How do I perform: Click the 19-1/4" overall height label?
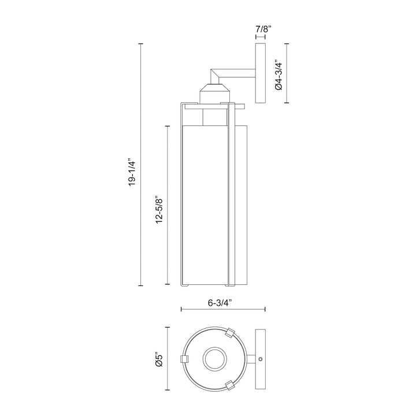pyautogui.click(x=132, y=172)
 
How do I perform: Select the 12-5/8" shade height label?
pyautogui.click(x=159, y=209)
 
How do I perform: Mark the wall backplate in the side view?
pyautogui.click(x=260, y=73)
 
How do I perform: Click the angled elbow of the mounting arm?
pyautogui.click(x=216, y=75)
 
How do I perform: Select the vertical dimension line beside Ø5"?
pyautogui.click(x=168, y=359)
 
